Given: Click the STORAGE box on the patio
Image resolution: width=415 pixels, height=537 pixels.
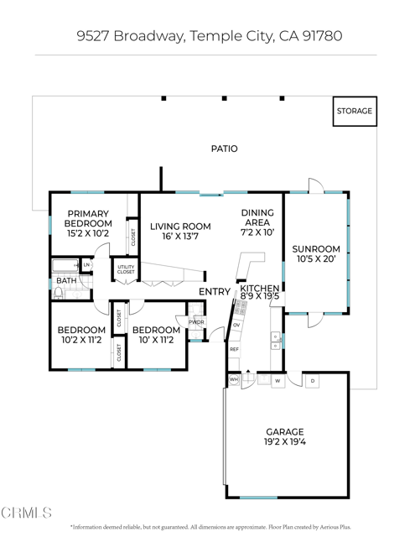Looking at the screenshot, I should pos(354,112).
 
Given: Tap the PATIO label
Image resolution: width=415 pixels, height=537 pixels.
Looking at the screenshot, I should pos(224,149).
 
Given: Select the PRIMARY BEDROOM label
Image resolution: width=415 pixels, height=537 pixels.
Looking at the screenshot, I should pos(89,218).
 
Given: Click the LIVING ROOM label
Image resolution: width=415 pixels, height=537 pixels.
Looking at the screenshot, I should pos(179,226).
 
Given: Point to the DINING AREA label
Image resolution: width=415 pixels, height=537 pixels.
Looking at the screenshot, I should pos(257,217).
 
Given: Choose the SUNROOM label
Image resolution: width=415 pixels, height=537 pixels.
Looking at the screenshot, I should pos(315,249).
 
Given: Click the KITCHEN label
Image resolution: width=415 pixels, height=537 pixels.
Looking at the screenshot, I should pos(258,288).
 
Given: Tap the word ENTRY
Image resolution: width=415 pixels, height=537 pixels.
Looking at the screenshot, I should pos(214,292).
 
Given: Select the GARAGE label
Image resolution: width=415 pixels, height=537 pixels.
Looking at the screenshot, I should pos(285,432).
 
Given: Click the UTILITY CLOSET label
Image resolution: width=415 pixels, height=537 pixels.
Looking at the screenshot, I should pos(126,269).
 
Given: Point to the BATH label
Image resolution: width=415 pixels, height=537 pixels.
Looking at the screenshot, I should pos(66,281).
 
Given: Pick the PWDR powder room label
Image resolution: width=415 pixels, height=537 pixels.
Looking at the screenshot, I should pos(196,322).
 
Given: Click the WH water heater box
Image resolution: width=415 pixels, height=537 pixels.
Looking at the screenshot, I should pos(234,380).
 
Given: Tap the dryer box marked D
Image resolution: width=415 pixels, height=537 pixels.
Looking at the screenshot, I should pos(312,380).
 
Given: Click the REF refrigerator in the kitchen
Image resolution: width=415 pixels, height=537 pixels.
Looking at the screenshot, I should pos(235,349).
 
